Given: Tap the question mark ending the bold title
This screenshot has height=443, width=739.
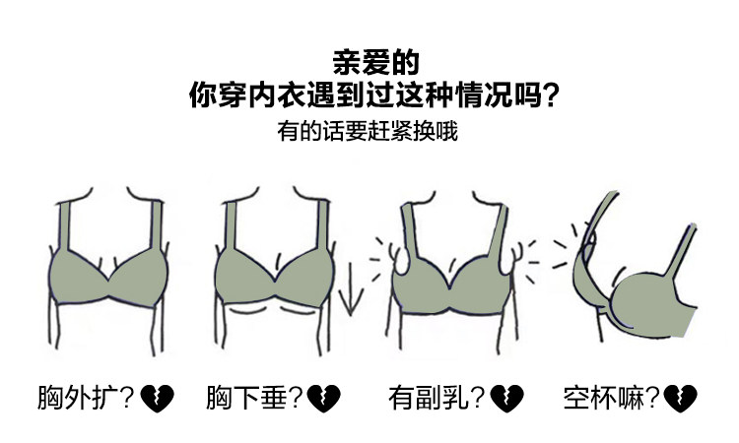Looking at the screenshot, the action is pos(552,95).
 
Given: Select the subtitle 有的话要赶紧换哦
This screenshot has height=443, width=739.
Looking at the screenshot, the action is pos(368,132).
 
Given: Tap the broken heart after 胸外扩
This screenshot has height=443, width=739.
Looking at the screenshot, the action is pos(157,399).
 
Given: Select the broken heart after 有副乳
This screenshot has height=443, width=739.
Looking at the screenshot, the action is pos(507,399).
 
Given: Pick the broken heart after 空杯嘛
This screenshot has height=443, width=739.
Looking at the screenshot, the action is pos(680,399).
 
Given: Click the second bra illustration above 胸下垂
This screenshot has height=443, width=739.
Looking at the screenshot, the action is pos(272,276).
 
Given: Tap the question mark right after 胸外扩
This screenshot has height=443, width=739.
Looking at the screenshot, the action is pos(127,399).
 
